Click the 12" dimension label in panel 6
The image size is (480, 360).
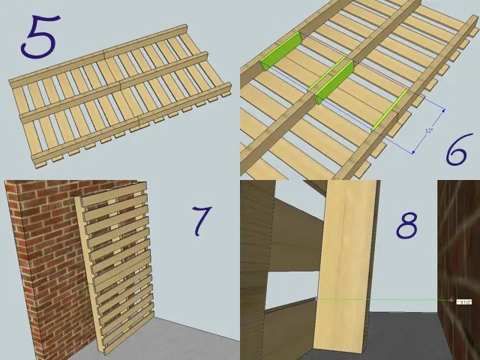[x=428, y=130]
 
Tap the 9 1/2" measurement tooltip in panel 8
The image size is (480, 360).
[x=464, y=301]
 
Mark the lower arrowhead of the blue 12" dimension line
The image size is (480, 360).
[x=412, y=153]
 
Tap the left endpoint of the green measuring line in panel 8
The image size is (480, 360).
[x=317, y=299]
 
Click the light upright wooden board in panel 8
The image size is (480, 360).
[x=346, y=262]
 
